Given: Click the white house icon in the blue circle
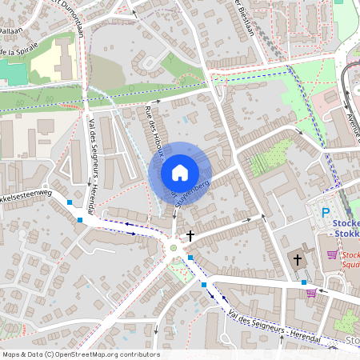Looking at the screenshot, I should coord(180,172).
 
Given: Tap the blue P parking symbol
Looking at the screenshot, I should coord(326,213).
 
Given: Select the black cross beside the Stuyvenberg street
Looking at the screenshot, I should coord(190,235).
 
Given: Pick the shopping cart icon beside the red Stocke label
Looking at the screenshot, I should coord(331,254).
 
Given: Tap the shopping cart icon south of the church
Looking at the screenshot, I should coord(311,293).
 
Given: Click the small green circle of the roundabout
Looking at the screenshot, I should coord(174,248).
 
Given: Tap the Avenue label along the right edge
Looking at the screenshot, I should coord(352,120).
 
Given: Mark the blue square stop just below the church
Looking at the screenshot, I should coord(304,282).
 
